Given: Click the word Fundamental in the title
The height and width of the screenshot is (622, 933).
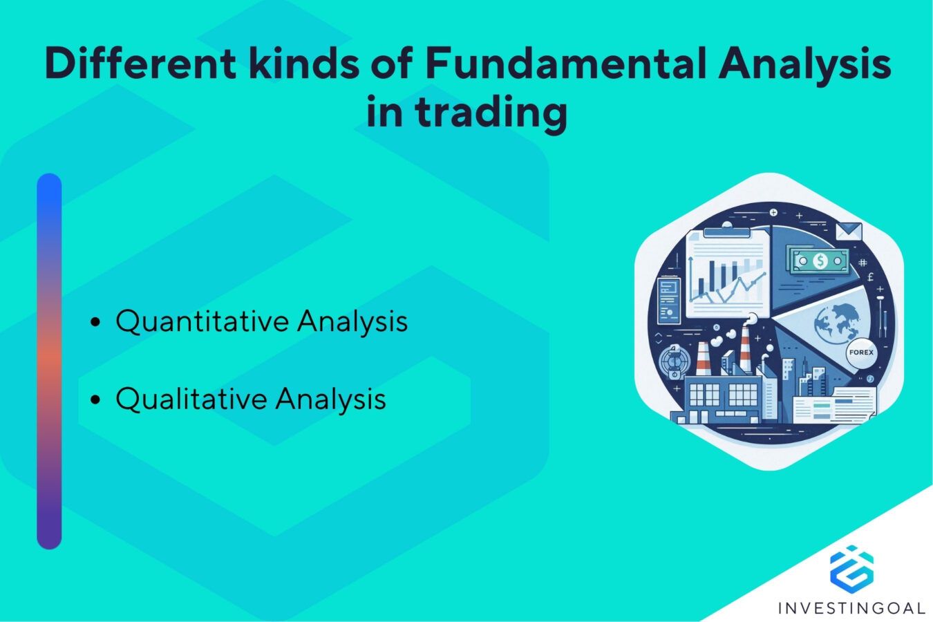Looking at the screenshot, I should click(565, 64).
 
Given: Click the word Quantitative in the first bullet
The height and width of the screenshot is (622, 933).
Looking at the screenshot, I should click(202, 321).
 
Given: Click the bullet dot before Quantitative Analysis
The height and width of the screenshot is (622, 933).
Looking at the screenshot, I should click(96, 322).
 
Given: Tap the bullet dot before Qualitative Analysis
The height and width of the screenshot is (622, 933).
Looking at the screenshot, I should click(96, 400).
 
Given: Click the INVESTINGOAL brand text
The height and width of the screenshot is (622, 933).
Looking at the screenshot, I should click(851, 608).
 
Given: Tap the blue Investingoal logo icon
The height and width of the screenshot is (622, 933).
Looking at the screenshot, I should click(851, 567).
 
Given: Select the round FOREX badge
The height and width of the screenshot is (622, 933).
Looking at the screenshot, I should click(861, 352).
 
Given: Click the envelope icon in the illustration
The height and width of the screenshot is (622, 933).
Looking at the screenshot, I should click(849, 231).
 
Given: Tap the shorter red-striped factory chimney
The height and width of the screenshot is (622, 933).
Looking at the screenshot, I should click(703, 360).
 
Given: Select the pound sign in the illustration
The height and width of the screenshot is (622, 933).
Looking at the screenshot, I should click(870, 277).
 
